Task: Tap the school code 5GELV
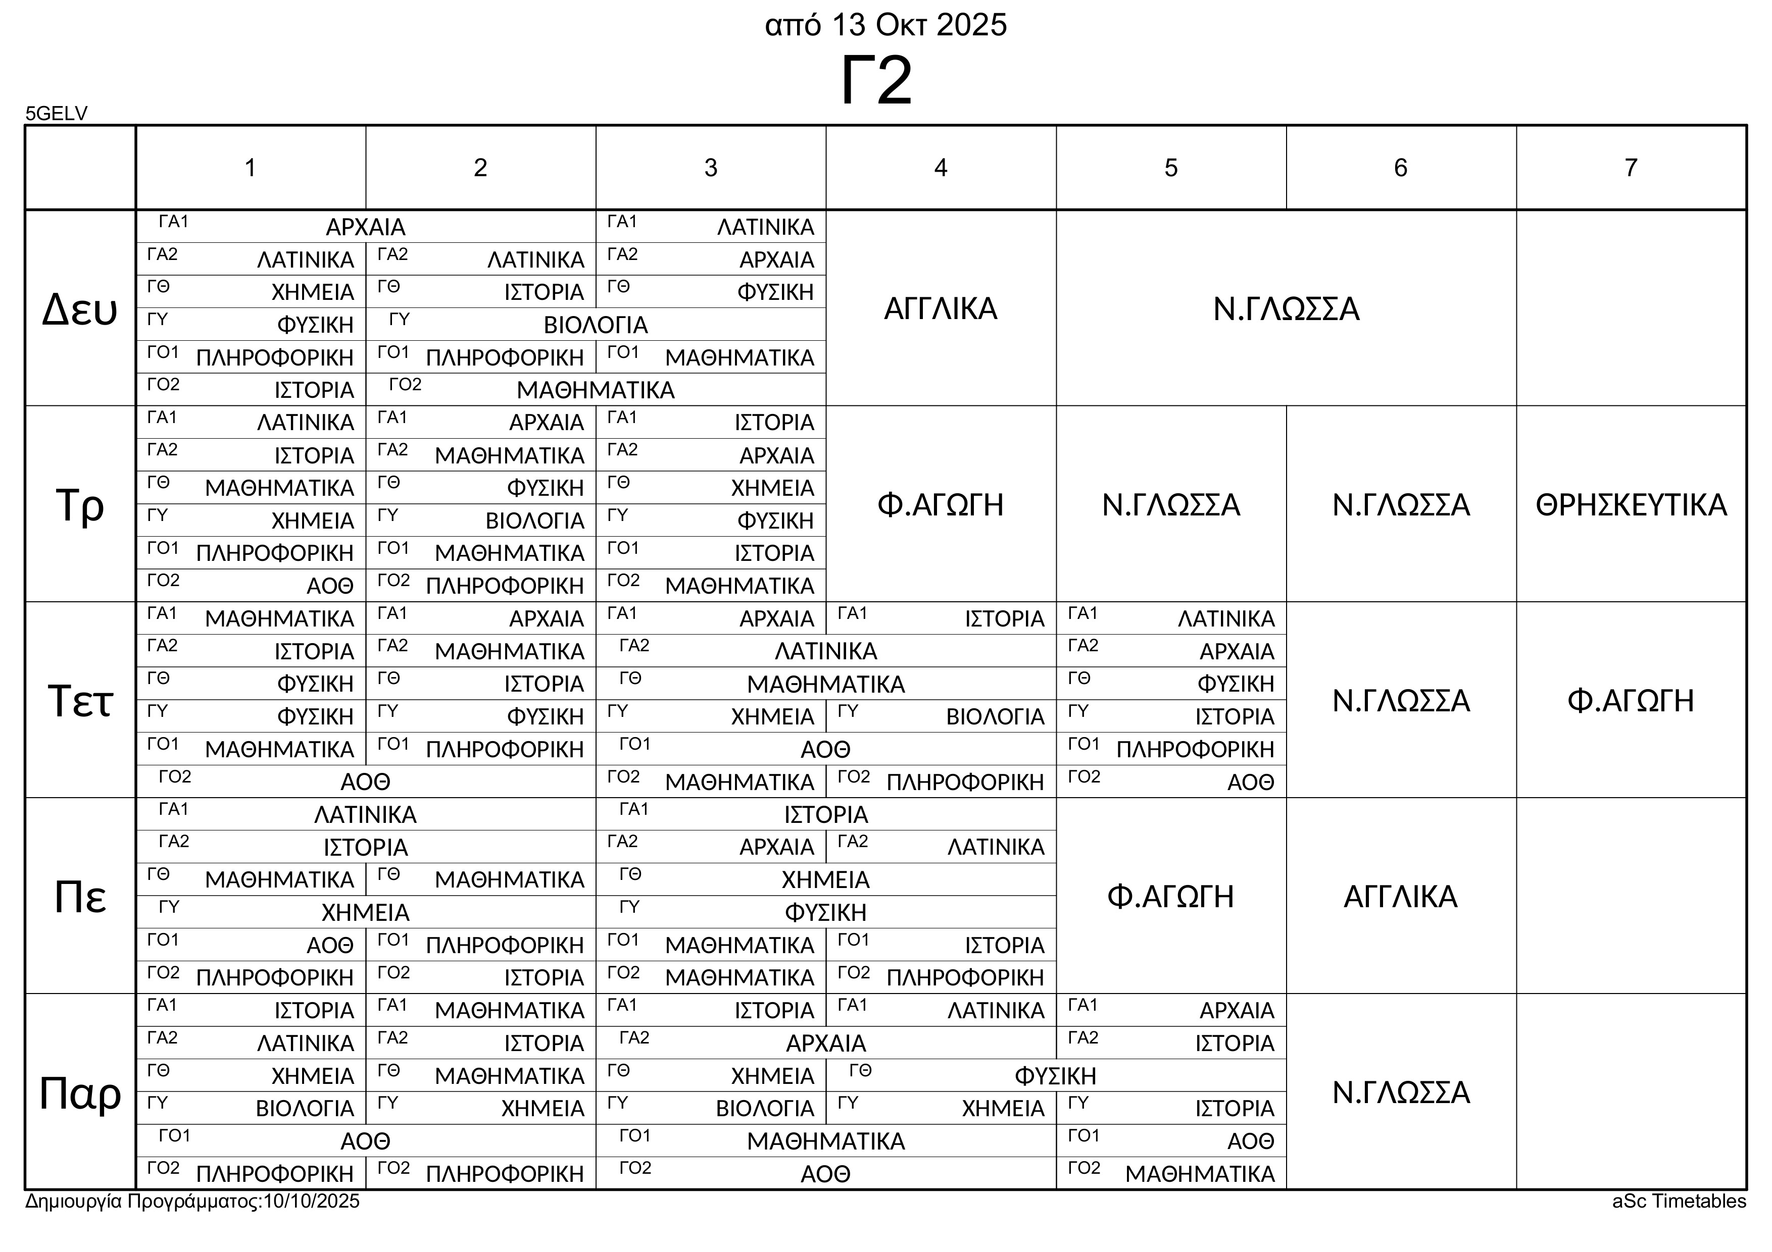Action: click(x=57, y=114)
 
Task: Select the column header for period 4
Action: click(x=940, y=168)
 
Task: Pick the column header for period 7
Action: click(x=1630, y=168)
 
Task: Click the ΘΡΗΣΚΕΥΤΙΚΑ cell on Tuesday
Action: click(x=1631, y=504)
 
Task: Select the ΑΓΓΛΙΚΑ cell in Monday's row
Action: click(x=940, y=308)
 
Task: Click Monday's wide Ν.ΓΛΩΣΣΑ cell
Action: click(x=1286, y=308)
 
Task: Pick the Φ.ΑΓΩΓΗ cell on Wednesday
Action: click(x=1630, y=700)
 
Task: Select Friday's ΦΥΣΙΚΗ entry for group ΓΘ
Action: click(x=1055, y=1075)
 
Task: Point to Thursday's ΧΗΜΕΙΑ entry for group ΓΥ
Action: click(x=365, y=913)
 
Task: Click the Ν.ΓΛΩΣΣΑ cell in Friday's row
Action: click(x=1400, y=1092)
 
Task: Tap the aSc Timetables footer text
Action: click(x=1679, y=1201)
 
